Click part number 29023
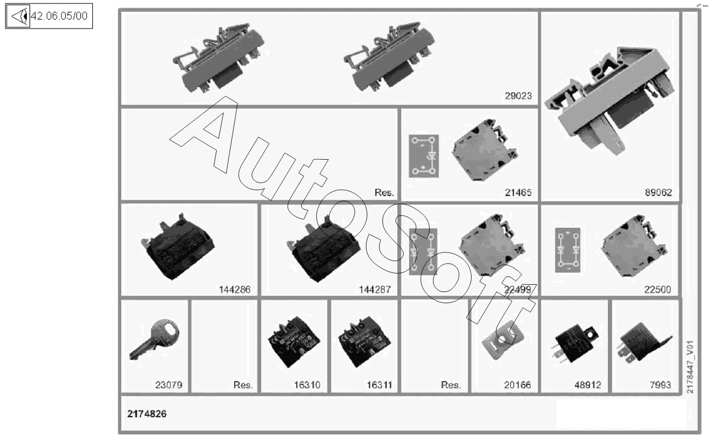[517, 96]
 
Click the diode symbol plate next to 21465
[424, 156]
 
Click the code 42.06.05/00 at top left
[59, 17]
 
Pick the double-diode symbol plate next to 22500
[568, 250]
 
